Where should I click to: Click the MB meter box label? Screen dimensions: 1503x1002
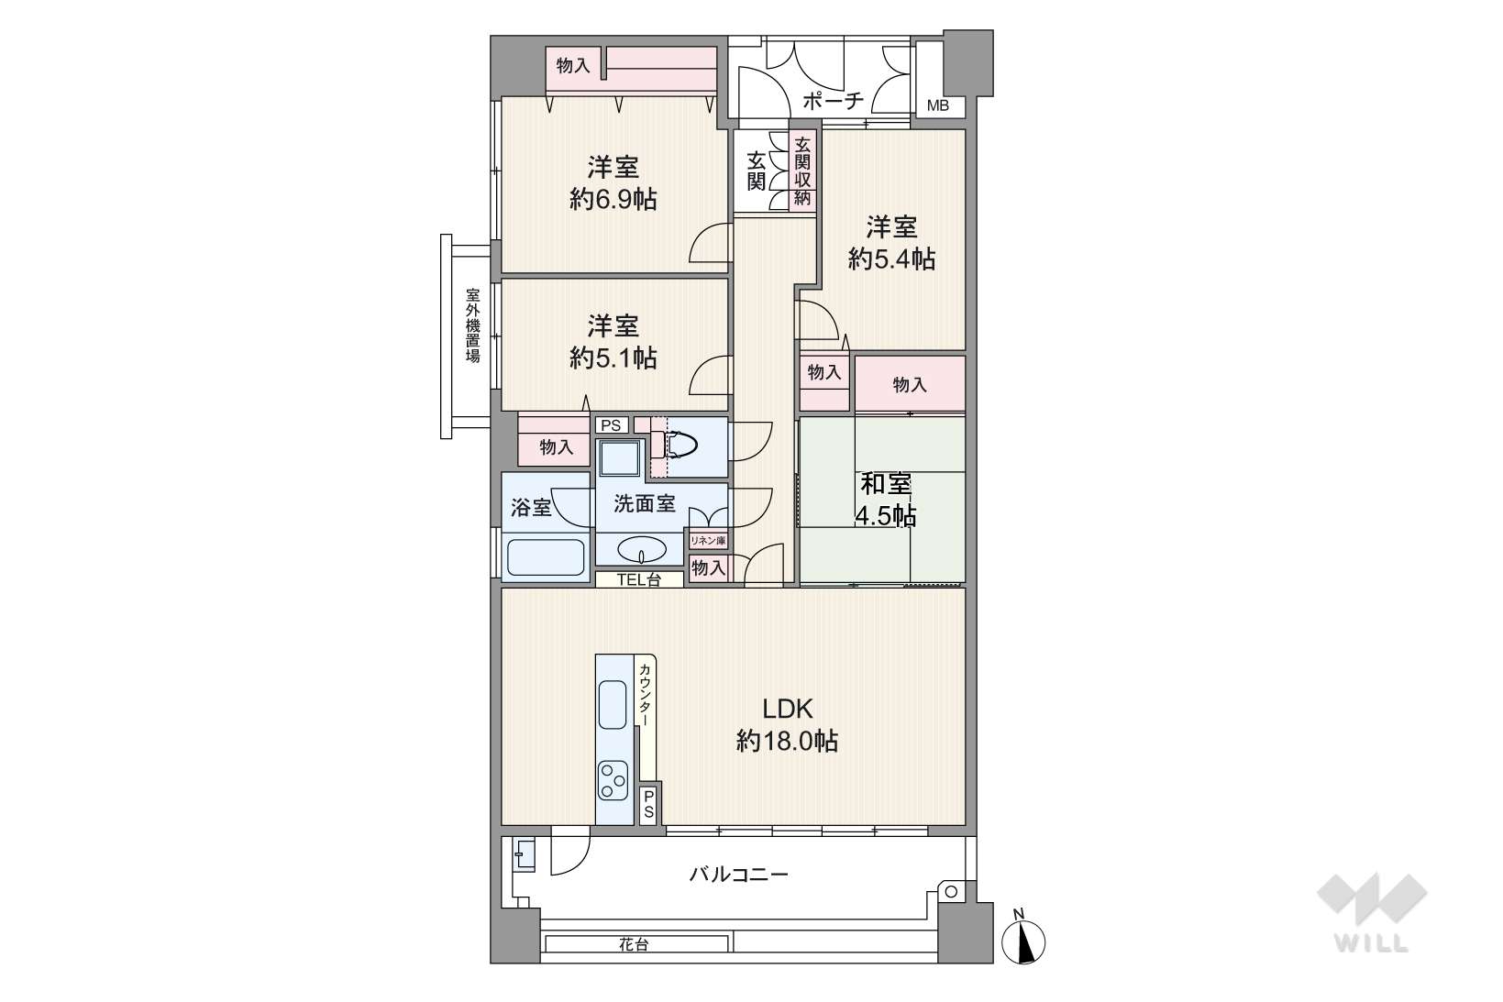pos(937,105)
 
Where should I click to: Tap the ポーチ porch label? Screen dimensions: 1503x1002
pos(833,101)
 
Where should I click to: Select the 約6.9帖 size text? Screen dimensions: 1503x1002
pos(613,199)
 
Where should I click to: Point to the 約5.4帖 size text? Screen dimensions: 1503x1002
pos(891,259)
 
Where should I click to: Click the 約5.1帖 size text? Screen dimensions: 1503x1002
pos(613,358)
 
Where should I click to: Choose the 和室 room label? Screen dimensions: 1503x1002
pos(886,483)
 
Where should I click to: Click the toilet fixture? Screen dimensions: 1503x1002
pos(674,444)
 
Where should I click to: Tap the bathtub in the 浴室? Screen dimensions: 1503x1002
pos(546,557)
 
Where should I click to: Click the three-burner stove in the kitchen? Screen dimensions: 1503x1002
pos(613,780)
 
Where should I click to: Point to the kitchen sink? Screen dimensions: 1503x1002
pos(612,704)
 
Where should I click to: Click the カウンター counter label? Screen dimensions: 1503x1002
pos(644,695)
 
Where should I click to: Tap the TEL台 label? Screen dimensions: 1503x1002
pos(639,579)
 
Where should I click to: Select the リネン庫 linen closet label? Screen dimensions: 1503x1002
pos(708,540)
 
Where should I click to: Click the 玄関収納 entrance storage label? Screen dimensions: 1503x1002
pos(802,171)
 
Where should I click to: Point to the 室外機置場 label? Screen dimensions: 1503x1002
pos(473,325)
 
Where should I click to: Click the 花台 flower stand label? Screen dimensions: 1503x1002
pos(634,945)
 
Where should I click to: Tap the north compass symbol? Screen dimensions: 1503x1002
pos(1022,938)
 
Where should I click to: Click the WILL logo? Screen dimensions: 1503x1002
pos(1372,912)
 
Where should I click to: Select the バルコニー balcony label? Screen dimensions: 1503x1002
pos(739,875)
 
